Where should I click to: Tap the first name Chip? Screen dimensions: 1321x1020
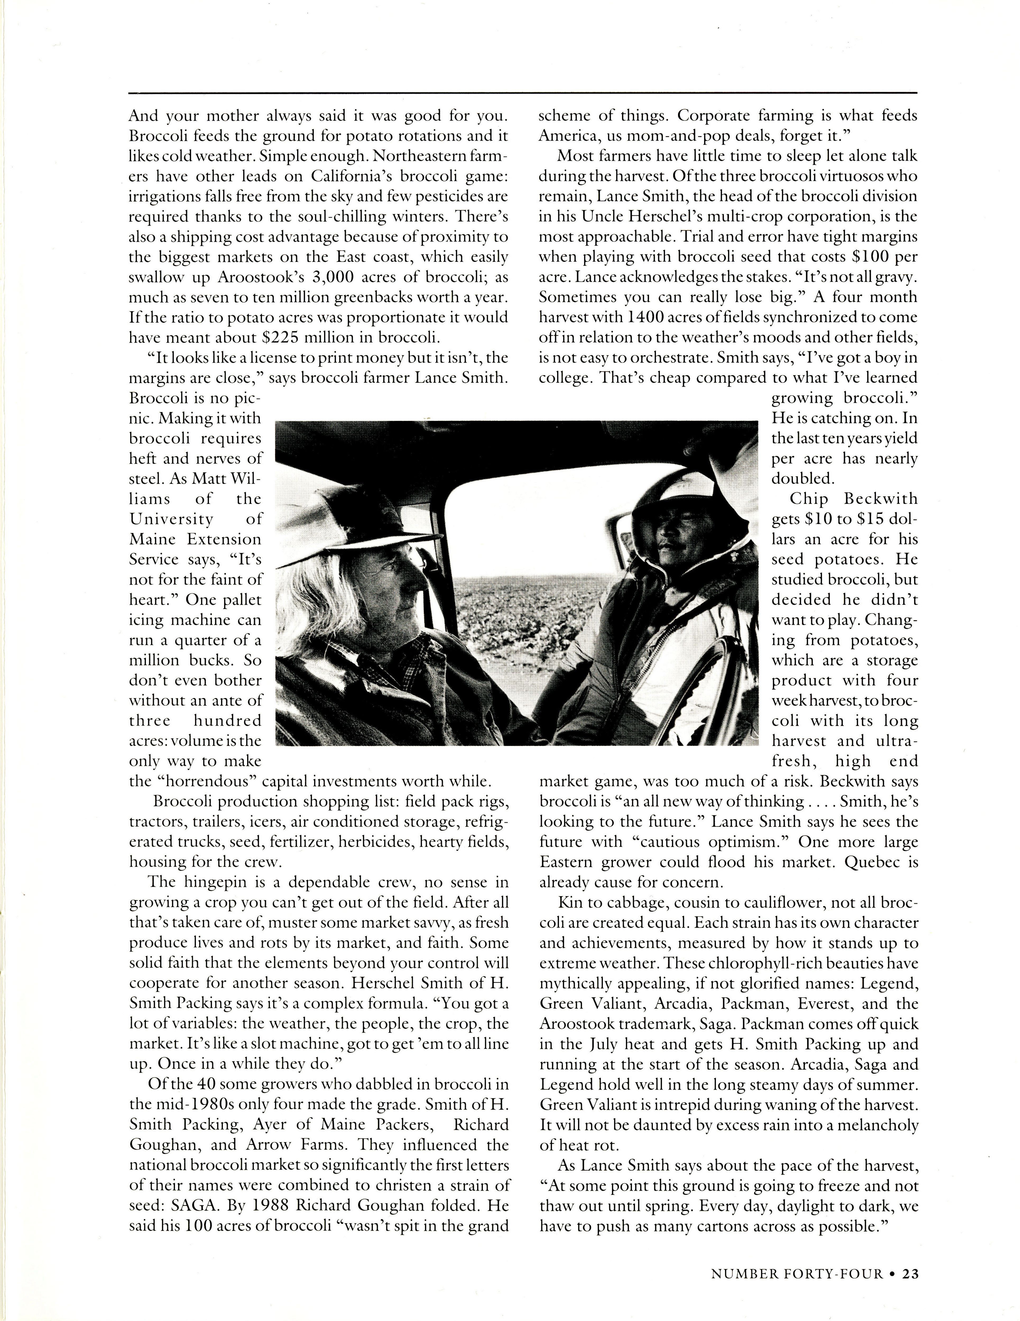[809, 499]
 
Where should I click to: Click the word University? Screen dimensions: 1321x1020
[171, 519]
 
